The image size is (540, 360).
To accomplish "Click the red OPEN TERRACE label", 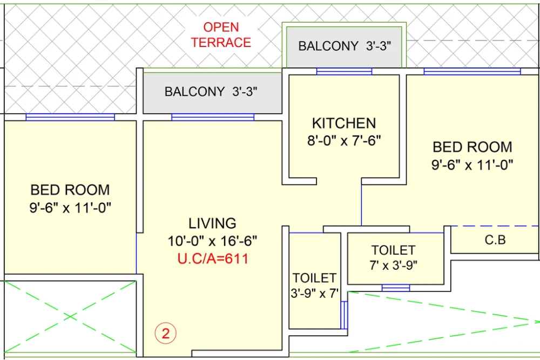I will (221, 35).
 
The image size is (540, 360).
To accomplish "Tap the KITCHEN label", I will (344, 123).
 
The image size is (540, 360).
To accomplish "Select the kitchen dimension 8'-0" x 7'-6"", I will (344, 141).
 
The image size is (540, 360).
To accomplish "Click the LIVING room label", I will (212, 223).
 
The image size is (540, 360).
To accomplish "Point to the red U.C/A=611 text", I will (213, 259).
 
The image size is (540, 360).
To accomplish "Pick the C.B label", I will (495, 240).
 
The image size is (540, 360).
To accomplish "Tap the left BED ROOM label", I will (70, 190).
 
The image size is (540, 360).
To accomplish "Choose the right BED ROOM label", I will (473, 147).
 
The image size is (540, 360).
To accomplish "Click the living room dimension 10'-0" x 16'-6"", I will (212, 241).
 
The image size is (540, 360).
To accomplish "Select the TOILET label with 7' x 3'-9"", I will (393, 250).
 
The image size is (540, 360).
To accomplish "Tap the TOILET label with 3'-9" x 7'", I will (315, 278).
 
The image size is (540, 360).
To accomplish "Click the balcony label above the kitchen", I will (344, 46).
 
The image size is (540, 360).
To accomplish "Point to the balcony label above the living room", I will (211, 92).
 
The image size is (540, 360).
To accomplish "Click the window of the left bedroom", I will (70, 117).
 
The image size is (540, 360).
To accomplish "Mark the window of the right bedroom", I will (472, 71).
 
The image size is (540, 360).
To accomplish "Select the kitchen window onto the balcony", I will (344, 71).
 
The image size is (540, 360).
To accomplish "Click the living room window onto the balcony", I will (212, 117).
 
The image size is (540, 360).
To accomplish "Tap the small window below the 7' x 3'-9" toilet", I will (395, 288).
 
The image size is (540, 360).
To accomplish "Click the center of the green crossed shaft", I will (70, 316).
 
